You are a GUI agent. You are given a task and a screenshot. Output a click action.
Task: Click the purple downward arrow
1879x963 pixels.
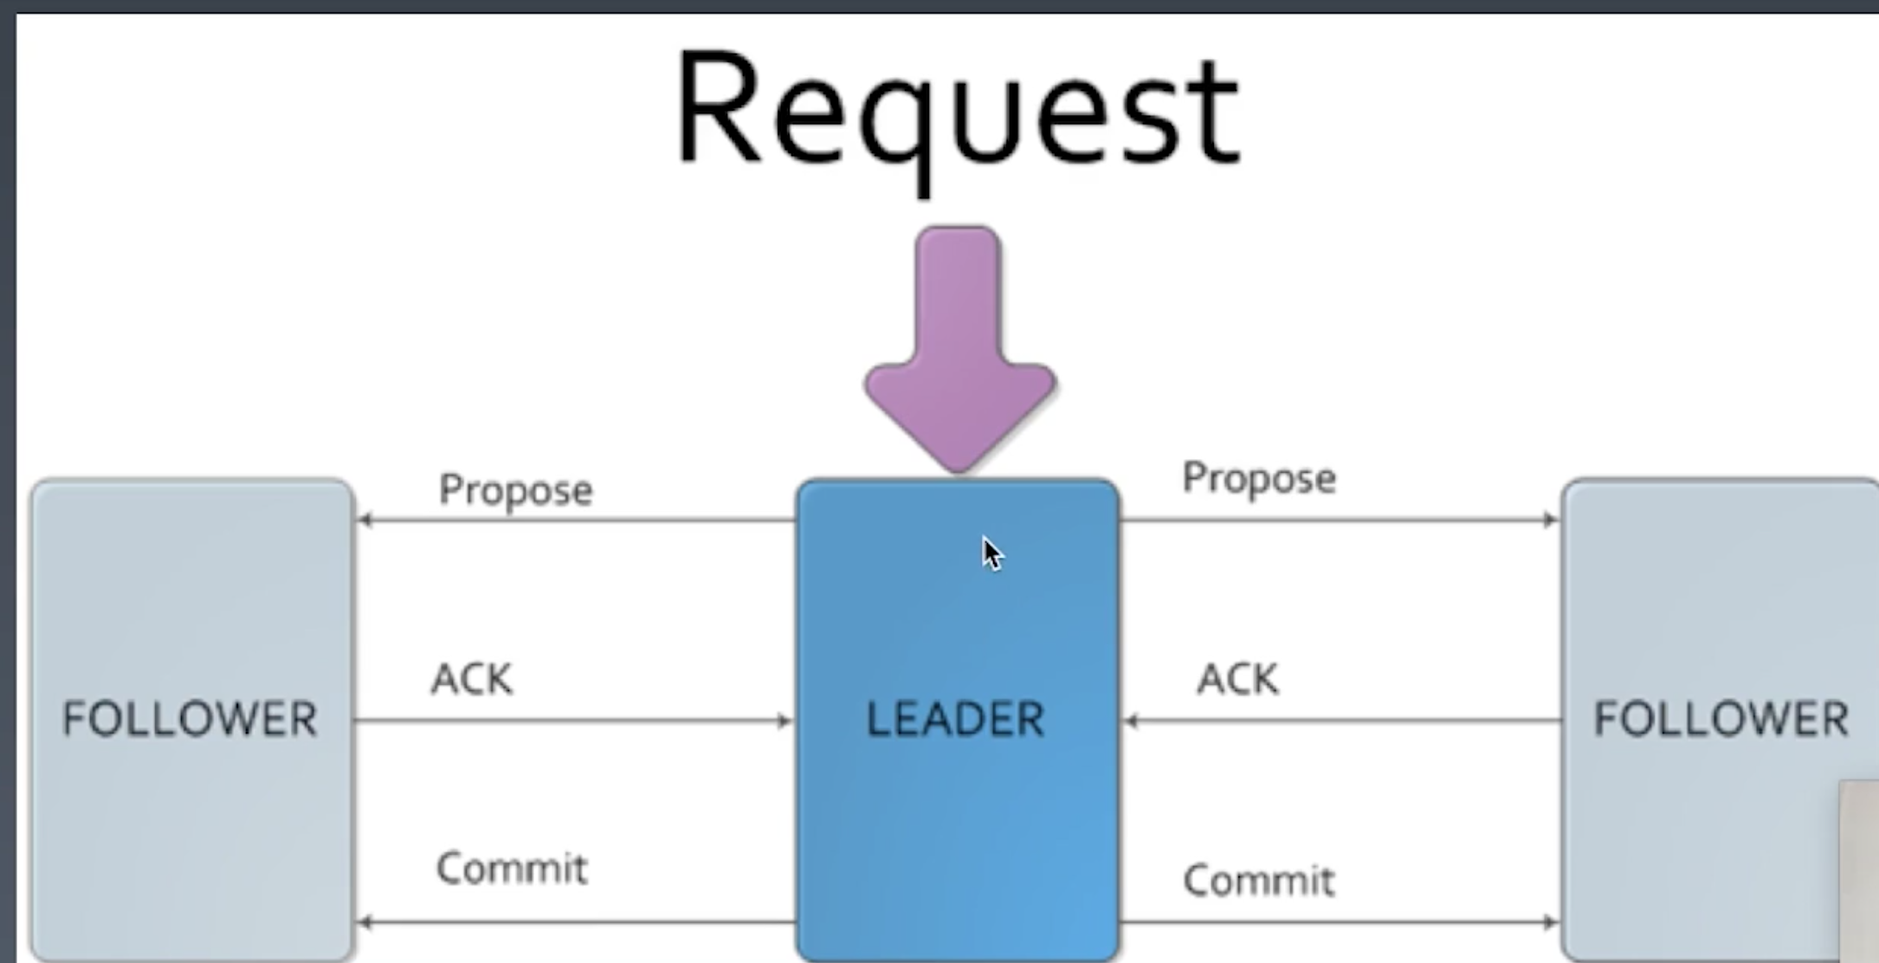tap(959, 346)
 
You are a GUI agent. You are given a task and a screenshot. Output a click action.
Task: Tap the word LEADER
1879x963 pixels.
tap(955, 720)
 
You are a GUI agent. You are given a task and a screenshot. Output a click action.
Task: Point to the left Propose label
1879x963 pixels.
tap(515, 490)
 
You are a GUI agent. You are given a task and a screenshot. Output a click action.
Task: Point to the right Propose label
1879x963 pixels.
tap(1259, 478)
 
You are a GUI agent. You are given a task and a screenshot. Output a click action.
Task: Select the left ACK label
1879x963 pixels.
tap(472, 679)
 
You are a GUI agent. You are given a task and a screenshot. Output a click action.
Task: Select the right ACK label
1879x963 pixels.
tap(1237, 679)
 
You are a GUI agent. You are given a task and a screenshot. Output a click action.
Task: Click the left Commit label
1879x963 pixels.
tap(512, 868)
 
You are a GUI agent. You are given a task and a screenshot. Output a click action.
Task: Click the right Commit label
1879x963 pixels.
tap(1259, 881)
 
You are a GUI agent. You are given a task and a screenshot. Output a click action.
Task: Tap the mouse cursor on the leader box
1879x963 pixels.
tap(991, 553)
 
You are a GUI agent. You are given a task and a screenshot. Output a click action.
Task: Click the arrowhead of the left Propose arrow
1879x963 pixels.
tap(365, 520)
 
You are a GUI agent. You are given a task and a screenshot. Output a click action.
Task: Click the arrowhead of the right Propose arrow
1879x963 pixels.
tap(1550, 520)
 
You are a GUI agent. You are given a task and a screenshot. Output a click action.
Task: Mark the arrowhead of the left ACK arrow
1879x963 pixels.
tap(785, 721)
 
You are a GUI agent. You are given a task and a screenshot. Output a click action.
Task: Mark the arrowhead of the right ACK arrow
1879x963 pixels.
tap(1131, 721)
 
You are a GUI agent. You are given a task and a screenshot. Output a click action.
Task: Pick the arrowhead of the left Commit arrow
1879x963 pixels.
tap(365, 922)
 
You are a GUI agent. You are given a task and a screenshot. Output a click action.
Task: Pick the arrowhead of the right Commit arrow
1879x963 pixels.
tap(1550, 922)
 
